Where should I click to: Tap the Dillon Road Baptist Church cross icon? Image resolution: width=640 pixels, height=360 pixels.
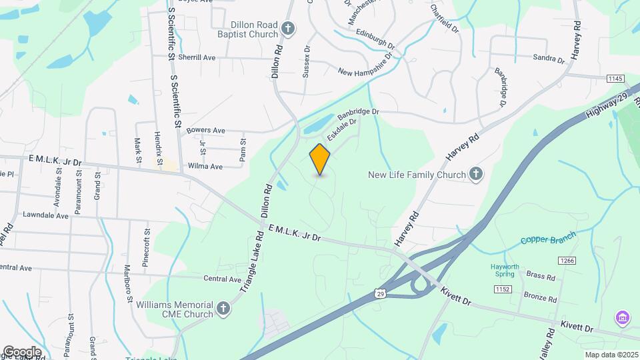tap(287, 28)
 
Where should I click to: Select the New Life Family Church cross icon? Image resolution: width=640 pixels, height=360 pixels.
tap(475, 175)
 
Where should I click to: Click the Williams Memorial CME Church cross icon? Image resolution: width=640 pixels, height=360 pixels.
tap(223, 309)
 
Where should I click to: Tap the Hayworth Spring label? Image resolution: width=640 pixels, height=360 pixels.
tap(511, 269)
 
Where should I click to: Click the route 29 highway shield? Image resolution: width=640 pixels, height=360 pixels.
tap(379, 293)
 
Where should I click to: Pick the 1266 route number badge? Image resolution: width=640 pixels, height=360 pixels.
tap(567, 261)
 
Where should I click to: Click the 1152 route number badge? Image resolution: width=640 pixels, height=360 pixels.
tap(503, 288)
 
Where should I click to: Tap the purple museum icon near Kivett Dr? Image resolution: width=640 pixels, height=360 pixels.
tap(623, 317)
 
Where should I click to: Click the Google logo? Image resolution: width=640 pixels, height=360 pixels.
tap(22, 351)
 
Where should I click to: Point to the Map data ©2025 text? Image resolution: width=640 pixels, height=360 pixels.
tap(611, 355)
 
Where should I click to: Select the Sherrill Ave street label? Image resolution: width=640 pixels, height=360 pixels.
tap(197, 58)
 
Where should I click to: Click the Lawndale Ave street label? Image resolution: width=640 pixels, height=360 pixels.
tap(45, 216)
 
